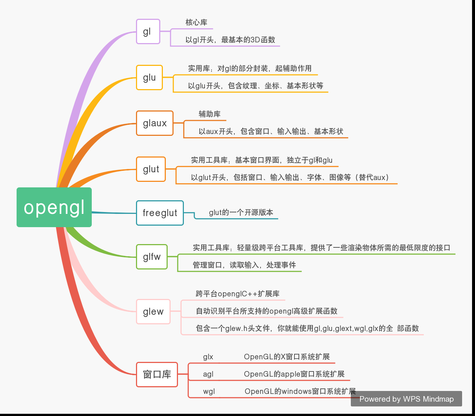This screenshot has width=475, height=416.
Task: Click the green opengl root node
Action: point(54,207)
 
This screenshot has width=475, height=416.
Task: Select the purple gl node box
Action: point(148,32)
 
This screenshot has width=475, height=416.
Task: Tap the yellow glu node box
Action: point(149,78)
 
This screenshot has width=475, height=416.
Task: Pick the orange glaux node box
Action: point(155,123)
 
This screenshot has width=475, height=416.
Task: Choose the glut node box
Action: point(151,169)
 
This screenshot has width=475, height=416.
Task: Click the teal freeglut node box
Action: point(160,213)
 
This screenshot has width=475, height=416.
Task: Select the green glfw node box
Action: point(152,257)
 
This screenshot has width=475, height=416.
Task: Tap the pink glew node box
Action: point(153,312)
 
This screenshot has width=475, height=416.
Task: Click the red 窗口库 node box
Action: point(157,375)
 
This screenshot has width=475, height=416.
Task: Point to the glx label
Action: point(208,357)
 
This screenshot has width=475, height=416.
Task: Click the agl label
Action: point(208,374)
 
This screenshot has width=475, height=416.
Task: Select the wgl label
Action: point(209,391)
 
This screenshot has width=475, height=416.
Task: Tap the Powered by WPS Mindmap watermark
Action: point(406,399)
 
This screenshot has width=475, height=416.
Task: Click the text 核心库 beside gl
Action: point(196,22)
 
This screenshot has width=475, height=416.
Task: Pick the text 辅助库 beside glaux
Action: point(210,114)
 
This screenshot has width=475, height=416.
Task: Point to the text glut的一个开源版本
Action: point(241,212)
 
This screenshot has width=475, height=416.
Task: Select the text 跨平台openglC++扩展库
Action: point(238,294)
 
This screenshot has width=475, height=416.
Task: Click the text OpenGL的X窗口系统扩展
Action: point(287,357)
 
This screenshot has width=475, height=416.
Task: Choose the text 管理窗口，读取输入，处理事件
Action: point(244,265)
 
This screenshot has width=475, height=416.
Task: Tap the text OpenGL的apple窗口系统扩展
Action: point(294,374)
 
